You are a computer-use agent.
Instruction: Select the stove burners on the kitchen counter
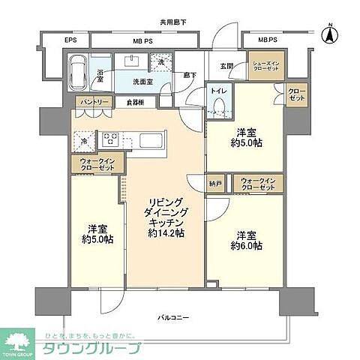(109, 139)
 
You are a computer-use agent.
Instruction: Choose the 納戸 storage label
(216, 181)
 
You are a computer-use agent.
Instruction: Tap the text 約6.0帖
(246, 245)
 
